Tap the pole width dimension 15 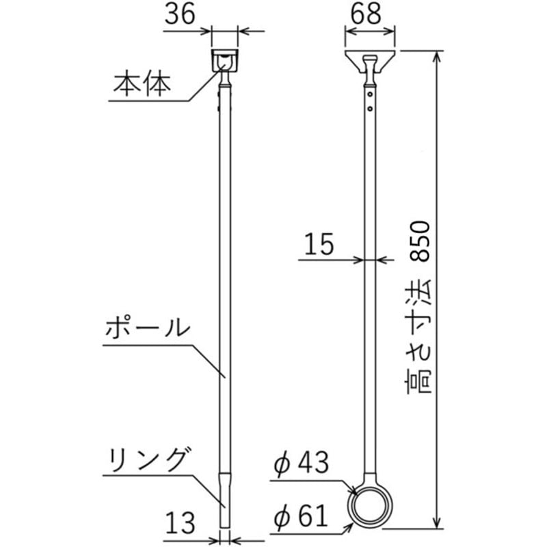319,245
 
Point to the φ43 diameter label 301,465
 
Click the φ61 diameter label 301,513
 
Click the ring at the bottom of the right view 370,507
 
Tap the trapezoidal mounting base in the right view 370,59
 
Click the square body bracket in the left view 224,59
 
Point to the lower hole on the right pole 370,108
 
